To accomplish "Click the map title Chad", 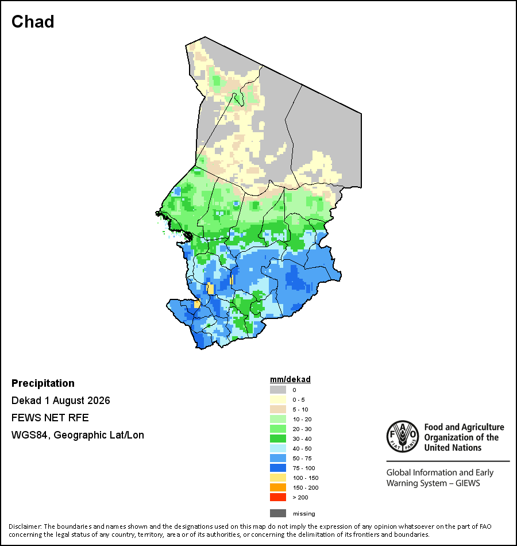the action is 33,22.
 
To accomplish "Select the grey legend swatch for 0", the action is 278,390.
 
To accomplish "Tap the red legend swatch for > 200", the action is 278,497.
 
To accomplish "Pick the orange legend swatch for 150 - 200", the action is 278,487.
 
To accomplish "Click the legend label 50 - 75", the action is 302,458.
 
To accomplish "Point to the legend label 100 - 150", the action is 306,478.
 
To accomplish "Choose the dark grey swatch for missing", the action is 278,513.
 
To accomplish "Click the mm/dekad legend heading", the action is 290,379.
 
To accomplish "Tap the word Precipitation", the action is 43,383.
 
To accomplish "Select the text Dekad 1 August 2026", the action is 60,401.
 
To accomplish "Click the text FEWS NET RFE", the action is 50,417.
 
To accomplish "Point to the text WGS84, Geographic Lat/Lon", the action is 78,435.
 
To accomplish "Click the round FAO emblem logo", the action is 403,436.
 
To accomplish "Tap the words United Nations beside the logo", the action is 453,448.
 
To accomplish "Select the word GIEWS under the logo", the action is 468,483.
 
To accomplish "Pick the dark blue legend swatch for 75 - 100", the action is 278,468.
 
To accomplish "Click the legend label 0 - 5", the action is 298,400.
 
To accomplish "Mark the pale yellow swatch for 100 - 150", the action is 278,478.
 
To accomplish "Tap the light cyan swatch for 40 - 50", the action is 278,448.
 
